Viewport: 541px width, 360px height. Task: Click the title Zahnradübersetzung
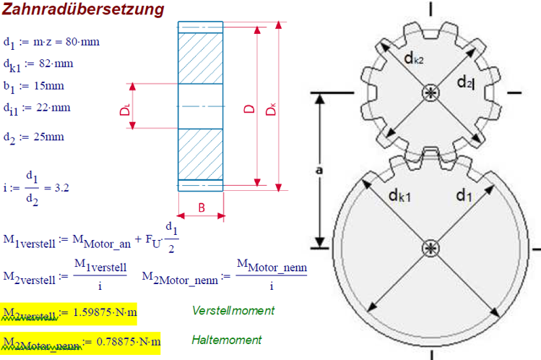click(x=82, y=10)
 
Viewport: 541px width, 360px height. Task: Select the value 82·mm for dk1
click(x=57, y=64)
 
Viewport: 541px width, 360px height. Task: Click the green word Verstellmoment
click(x=233, y=310)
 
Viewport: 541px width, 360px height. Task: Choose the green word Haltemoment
click(x=227, y=339)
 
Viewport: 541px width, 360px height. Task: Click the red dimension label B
click(x=202, y=208)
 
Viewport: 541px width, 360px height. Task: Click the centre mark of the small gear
click(x=432, y=93)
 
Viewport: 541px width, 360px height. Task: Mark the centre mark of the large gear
click(x=432, y=248)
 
